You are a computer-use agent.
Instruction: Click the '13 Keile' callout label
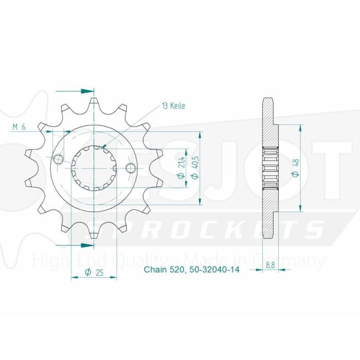173,106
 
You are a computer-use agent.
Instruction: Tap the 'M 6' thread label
21,128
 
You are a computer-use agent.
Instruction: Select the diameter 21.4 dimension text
181,168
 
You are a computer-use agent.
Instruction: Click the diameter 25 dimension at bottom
94,273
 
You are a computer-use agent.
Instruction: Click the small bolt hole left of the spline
59,159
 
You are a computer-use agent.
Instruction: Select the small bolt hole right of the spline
131,168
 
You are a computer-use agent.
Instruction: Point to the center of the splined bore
95,168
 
